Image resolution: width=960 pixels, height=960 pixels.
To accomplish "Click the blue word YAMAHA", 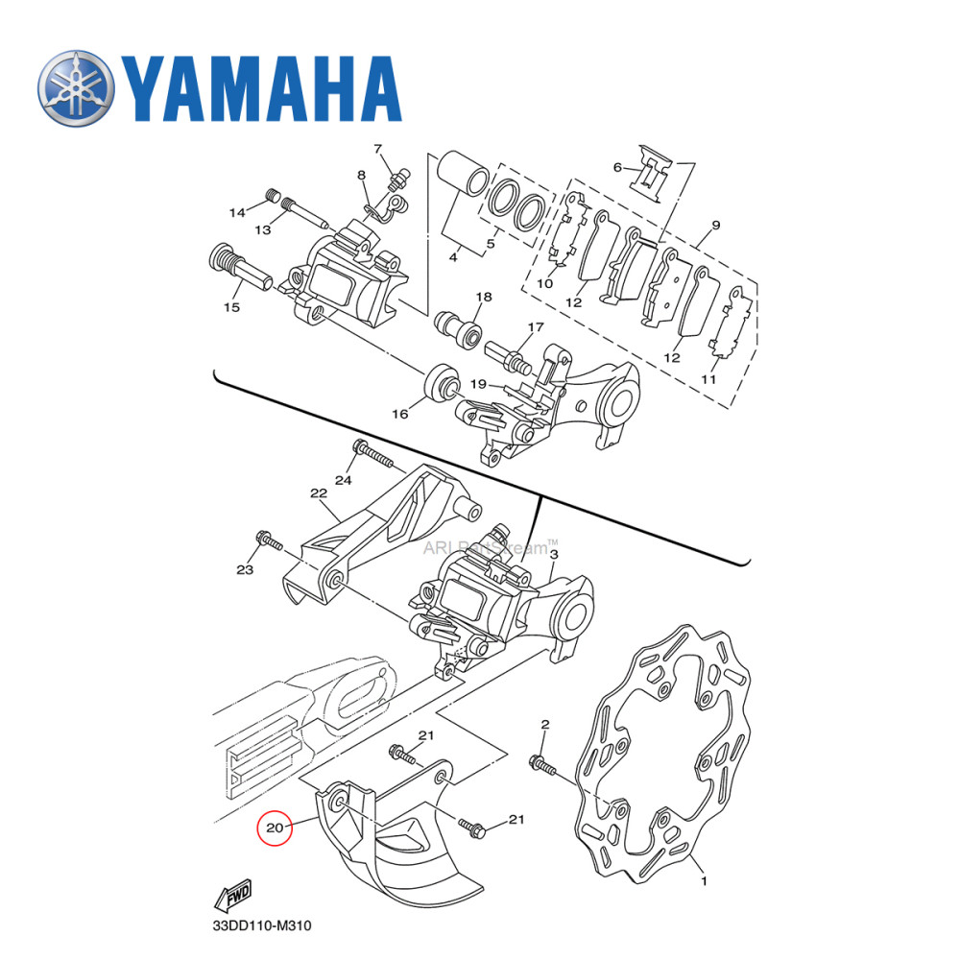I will pos(259,87).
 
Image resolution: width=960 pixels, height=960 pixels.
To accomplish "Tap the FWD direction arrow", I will pos(233,900).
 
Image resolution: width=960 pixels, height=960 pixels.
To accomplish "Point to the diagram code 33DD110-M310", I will pos(262,927).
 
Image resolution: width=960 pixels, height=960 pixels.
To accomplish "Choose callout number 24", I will pos(344,479).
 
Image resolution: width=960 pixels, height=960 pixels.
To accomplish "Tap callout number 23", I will pos(245,569).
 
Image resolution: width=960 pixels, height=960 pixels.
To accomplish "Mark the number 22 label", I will pos(319,493).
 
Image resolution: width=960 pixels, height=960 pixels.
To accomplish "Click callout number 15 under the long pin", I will pos(231,307).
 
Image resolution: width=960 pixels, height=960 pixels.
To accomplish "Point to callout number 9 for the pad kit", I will pos(715,227).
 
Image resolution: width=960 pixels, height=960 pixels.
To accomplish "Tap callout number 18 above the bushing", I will pos(483,297).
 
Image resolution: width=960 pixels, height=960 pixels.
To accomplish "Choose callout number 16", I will pos(399,413).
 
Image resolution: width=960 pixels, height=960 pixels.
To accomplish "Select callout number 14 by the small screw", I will pos(237,212).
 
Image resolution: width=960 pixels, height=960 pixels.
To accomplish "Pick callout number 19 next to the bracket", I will pos(478,384).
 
